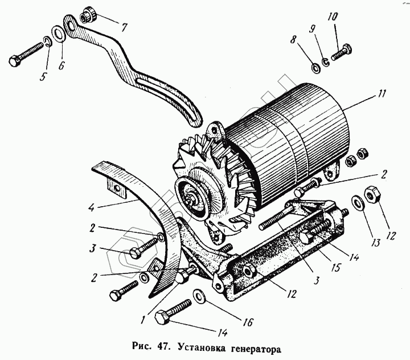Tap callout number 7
point(124,27)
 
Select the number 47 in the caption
point(165,346)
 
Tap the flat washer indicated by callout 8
point(315,68)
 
